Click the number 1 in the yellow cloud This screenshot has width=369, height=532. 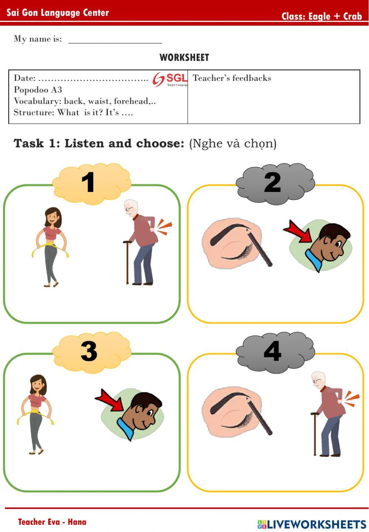(x=88, y=182)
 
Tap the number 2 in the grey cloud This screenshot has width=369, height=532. (x=272, y=182)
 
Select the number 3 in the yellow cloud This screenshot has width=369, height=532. (x=89, y=351)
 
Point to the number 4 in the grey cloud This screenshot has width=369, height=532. (x=272, y=351)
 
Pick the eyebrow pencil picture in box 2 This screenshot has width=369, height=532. (x=236, y=243)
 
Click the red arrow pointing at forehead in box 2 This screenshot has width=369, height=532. (x=298, y=232)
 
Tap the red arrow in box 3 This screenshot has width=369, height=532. (x=110, y=400)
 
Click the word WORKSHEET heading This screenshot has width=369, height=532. (x=184, y=58)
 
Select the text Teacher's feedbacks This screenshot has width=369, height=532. (x=232, y=78)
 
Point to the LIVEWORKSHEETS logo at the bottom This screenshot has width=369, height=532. (x=311, y=524)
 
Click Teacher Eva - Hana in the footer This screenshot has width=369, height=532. (x=52, y=522)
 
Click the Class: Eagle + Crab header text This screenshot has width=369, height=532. (x=321, y=16)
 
